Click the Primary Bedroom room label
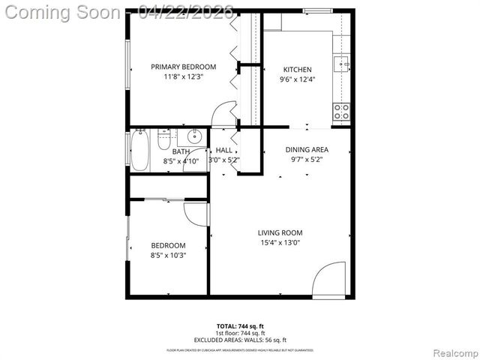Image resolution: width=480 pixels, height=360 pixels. coord(183,67)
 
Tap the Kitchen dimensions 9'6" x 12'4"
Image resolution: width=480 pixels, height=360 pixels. coord(296,79)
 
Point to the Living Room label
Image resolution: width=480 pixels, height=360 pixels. coord(280,232)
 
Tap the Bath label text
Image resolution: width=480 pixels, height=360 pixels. coord(181,151)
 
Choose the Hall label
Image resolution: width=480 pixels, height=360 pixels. coord(223,151)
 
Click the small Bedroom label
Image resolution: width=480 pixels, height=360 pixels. coord(168,245)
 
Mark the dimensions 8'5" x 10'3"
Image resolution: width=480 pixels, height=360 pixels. coord(168,255)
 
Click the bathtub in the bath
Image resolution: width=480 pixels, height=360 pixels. coord(140,151)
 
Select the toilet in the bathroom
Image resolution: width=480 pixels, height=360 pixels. coord(164,139)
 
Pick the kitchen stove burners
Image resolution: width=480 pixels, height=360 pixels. coord(341,112)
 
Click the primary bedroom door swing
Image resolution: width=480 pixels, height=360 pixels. coord(223,116)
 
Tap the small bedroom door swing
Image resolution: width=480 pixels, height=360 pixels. coord(194,213)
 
